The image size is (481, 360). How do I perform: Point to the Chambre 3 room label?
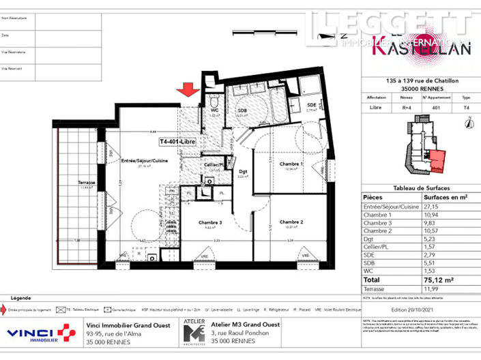(x=211, y=222)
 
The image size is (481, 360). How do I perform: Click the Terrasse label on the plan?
(x=87, y=183)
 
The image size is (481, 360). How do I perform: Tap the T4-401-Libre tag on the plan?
(x=177, y=142)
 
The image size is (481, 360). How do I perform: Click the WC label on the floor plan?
(x=214, y=110)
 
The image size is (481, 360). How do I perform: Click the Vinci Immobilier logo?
(x=41, y=333)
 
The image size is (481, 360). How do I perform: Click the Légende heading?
(x=21, y=298)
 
